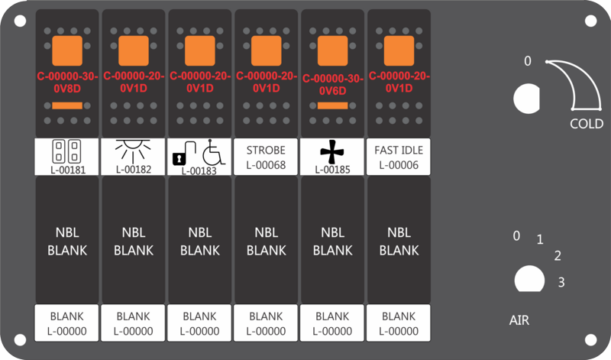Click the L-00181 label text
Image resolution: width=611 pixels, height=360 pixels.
point(67,168)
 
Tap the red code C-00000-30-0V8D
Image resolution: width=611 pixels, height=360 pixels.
point(67,82)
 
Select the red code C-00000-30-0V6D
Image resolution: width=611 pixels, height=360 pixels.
point(332,83)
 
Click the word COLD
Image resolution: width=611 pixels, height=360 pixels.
point(587,124)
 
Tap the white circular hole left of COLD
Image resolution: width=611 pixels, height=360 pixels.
point(526,98)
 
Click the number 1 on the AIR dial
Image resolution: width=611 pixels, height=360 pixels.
point(539,240)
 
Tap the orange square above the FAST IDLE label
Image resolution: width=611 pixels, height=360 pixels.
point(399,50)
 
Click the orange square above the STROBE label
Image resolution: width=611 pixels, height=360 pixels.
point(266,50)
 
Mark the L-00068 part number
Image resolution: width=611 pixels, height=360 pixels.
point(266,164)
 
